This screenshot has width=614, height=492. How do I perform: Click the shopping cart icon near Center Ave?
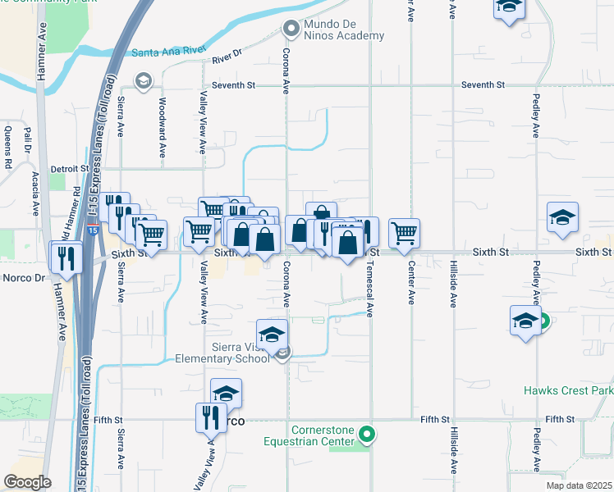click(404, 234)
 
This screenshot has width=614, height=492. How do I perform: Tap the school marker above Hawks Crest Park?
click(525, 321)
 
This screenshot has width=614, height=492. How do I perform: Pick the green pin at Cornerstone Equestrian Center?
click(369, 435)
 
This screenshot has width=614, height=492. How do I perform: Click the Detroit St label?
click(69, 168)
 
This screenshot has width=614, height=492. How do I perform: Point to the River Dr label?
click(227, 58)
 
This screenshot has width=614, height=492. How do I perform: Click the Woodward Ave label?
click(163, 128)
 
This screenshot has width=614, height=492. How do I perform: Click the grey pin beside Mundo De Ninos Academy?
click(290, 30)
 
